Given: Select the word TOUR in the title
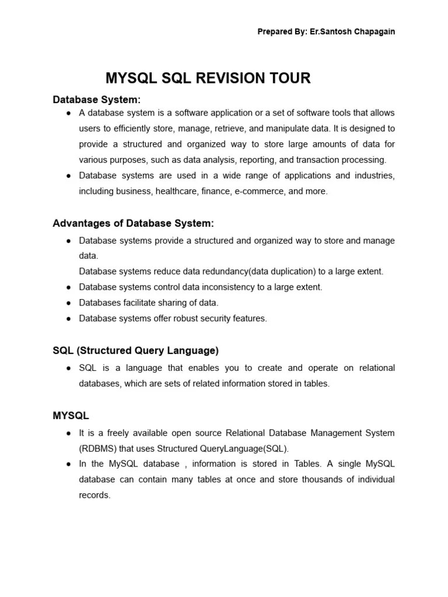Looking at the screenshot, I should click(290, 79).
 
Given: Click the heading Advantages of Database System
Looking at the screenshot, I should click(133, 223).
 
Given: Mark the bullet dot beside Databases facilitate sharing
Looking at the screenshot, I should click(69, 303).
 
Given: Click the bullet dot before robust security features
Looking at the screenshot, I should click(69, 319).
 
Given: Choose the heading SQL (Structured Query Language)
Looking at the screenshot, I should click(135, 350).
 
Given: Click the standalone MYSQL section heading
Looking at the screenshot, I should click(71, 416).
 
